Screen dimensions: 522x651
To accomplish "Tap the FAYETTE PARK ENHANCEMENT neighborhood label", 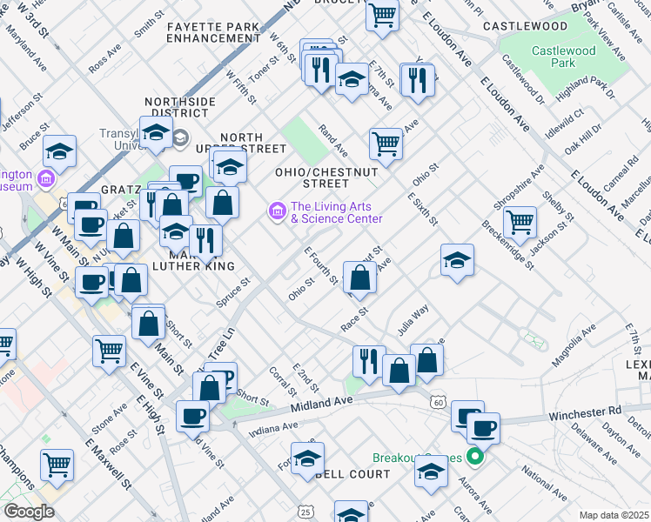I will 213,33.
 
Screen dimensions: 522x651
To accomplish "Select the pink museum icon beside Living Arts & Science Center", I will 277,211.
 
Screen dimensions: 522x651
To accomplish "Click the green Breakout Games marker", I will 474,456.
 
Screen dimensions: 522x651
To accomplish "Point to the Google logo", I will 28,512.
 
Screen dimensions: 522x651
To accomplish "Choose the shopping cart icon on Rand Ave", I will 385,141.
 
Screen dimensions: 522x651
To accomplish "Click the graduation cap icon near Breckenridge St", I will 457,258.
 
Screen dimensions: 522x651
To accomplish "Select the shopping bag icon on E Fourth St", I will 359,278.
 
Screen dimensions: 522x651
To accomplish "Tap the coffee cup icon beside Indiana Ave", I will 192,413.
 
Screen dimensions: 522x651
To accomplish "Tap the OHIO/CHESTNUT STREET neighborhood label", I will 327,177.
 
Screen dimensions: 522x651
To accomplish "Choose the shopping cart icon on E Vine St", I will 110,350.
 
